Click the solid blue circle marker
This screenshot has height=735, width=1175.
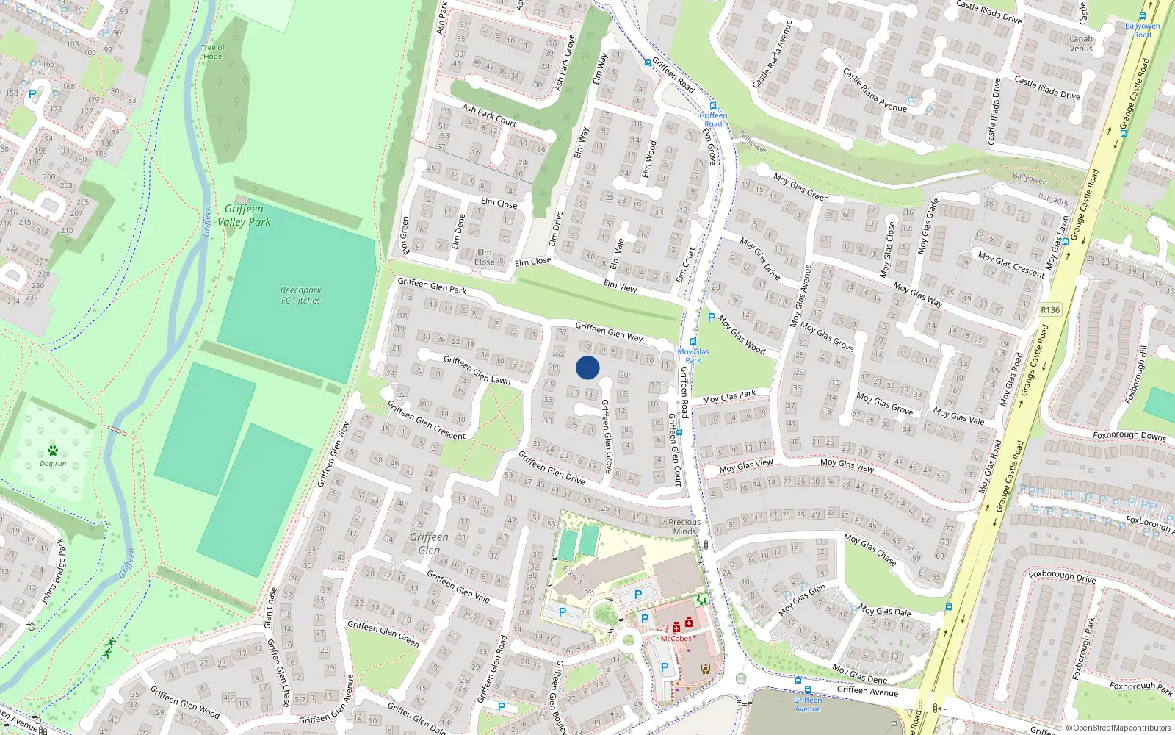587,367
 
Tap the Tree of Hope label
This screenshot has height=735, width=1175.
212,52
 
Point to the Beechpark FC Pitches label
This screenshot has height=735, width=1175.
300,295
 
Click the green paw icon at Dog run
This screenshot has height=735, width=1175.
52,450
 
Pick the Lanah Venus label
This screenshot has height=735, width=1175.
1081,44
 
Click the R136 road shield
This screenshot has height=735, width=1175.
1050,310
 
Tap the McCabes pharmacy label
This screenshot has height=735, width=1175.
676,639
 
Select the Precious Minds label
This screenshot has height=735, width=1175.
684,527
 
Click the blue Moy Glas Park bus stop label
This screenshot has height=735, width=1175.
693,356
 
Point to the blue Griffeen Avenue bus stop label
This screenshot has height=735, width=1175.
808,704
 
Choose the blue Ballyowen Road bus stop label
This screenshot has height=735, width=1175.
1142,30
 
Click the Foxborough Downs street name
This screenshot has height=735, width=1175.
1129,435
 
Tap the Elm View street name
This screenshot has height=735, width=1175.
620,286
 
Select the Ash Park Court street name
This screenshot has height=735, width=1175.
489,115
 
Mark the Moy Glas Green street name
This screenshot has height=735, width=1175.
800,187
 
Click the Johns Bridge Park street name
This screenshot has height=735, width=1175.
52,572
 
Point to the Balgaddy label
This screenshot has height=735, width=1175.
1054,199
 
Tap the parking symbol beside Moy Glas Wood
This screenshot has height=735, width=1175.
711,318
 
